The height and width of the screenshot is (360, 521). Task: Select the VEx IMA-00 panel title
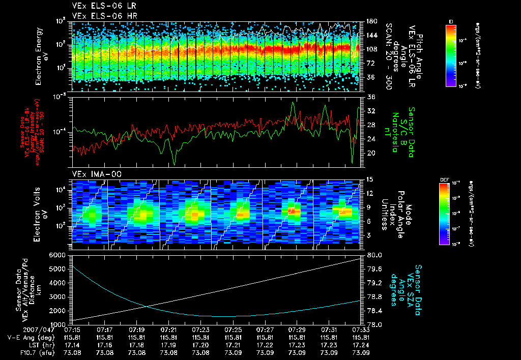pyautogui.click(x=94, y=173)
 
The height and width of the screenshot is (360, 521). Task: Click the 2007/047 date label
pyautogui.click(x=20, y=330)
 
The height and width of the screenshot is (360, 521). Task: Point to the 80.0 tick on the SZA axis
pyautogui.click(x=375, y=254)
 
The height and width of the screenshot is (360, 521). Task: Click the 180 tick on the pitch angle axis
pyautogui.click(x=371, y=22)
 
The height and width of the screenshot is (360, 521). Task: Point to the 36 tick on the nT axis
pyautogui.click(x=371, y=97)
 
